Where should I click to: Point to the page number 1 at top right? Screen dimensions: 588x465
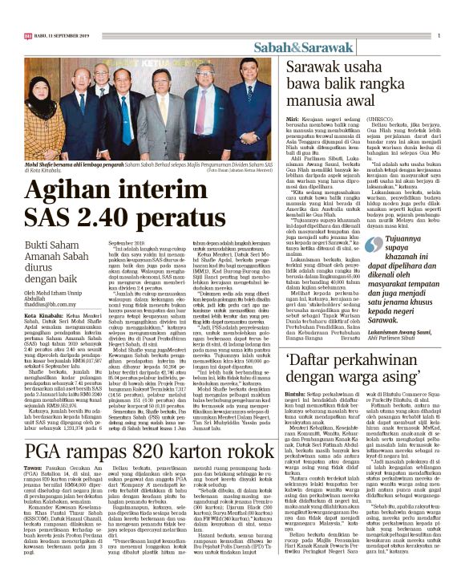439,34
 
